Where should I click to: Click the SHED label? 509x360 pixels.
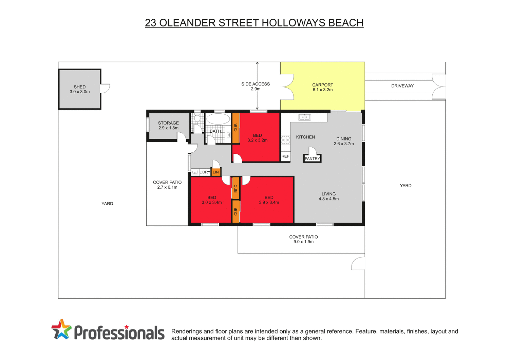(x=80, y=89)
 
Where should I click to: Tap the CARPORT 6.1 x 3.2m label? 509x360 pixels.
(x=323, y=88)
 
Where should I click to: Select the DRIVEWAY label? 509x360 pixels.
(x=402, y=86)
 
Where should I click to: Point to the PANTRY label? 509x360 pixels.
(x=312, y=158)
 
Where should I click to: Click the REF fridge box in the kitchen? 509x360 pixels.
(x=285, y=156)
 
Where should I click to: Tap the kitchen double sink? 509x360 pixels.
(x=304, y=117)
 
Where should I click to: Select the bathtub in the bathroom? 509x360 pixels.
(x=218, y=119)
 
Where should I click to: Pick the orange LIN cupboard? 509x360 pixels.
(x=216, y=172)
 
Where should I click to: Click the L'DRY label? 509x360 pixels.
(x=205, y=172)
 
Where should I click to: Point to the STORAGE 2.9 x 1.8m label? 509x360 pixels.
(x=168, y=126)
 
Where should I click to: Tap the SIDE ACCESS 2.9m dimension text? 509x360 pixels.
(x=256, y=87)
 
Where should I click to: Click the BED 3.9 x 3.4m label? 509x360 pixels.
(x=269, y=200)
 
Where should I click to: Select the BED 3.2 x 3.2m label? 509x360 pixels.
(x=258, y=138)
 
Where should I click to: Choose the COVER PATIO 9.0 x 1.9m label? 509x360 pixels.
(x=303, y=239)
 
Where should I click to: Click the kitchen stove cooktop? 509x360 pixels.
(x=285, y=140)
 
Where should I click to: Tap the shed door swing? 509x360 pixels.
(x=105, y=89)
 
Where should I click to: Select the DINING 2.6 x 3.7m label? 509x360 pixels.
(x=344, y=141)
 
